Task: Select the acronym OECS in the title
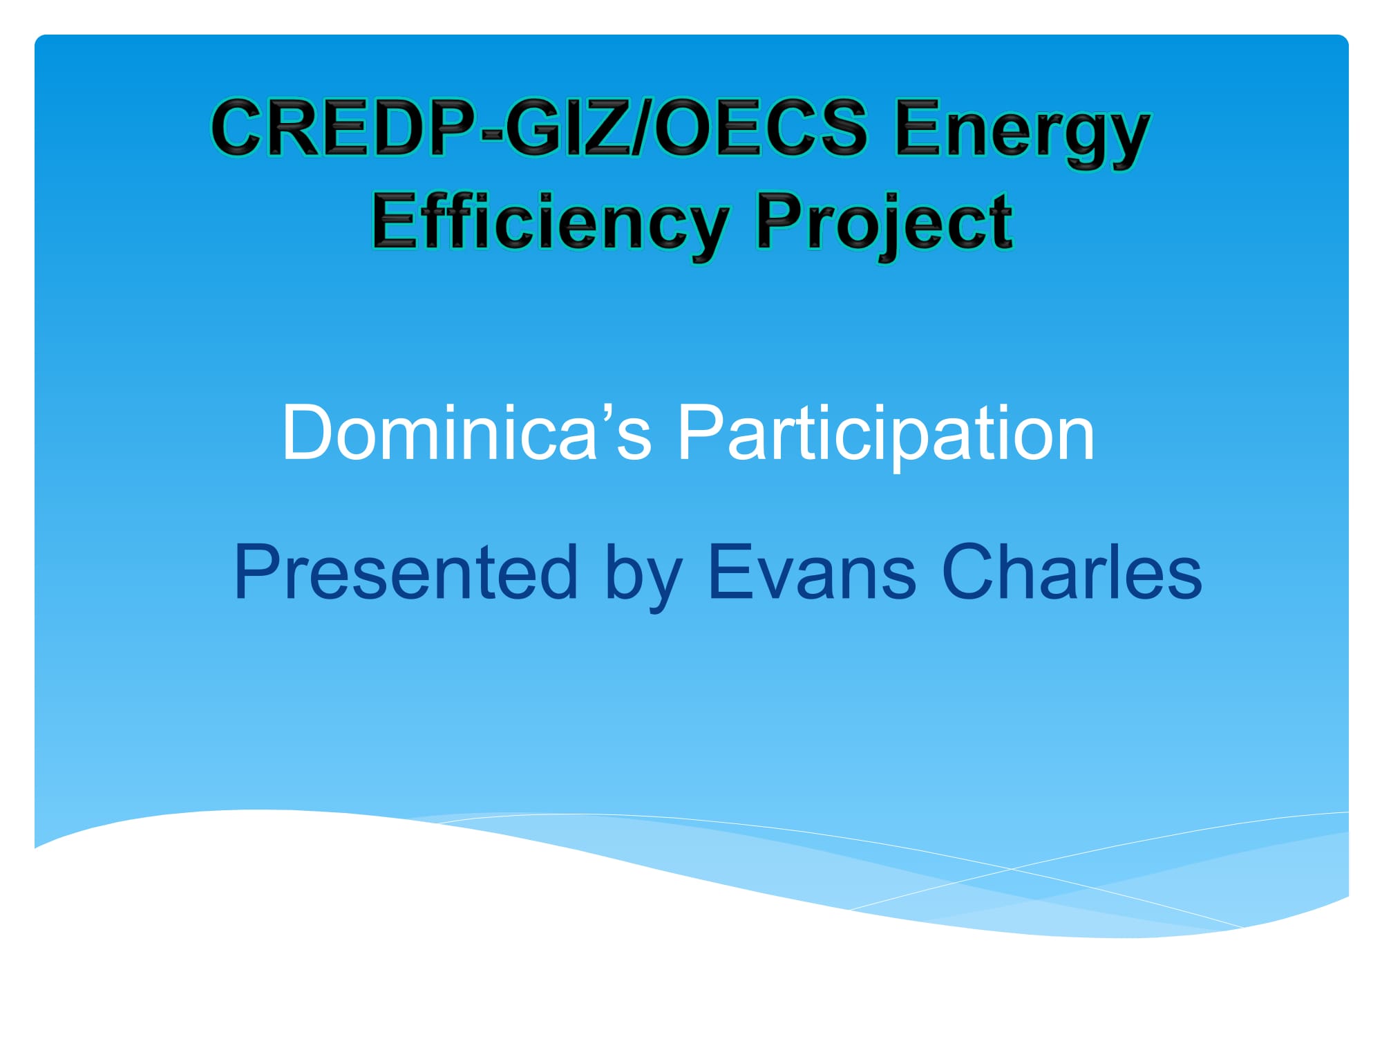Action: [x=759, y=127]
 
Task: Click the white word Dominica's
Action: [x=466, y=432]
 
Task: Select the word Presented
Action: [x=406, y=572]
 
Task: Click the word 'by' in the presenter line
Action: [x=643, y=578]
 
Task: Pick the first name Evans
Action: [x=812, y=572]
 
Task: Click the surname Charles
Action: [x=1072, y=572]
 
